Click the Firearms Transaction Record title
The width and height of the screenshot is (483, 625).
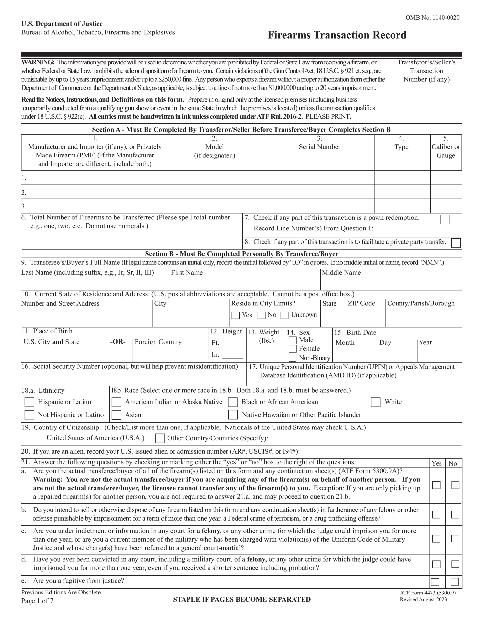coord(337,35)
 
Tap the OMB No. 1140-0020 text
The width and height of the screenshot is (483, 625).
coord(432,18)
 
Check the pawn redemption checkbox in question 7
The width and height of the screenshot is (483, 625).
coord(445,219)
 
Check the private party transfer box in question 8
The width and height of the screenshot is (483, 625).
coord(455,243)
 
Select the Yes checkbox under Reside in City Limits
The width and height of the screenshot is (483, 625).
coord(235,315)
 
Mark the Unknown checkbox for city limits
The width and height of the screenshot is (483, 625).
coord(284,315)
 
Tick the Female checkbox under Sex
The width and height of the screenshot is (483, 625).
coord(292,349)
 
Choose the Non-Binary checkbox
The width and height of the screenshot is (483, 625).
coord(292,358)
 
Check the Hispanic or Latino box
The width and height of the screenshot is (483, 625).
coord(29,402)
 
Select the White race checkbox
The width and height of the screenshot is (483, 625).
coord(376,402)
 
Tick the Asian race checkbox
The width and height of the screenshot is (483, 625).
coord(116,415)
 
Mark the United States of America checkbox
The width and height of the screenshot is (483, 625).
coord(40,438)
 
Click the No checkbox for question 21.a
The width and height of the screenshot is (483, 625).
coord(455,485)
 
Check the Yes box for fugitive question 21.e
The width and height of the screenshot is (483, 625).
coord(435,582)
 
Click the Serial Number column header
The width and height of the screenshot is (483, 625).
coord(320,147)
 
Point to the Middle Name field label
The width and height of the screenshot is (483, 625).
coord(341,273)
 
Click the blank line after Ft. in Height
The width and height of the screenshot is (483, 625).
coord(232,344)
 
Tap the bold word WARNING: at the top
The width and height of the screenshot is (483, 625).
coord(38,62)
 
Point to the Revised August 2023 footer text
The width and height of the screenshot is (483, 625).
coord(423,600)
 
